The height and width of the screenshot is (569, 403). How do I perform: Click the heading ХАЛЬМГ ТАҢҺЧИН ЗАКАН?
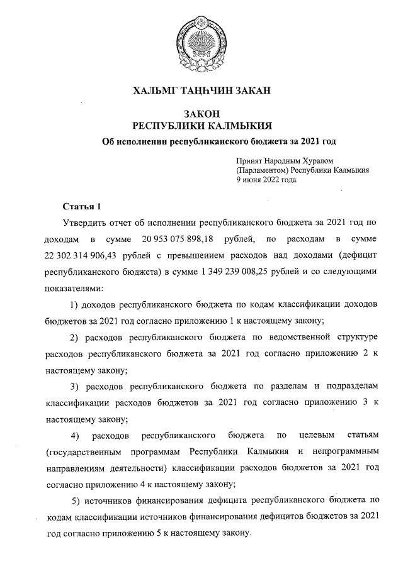(201, 91)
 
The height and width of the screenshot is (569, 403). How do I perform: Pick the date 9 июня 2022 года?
(266, 179)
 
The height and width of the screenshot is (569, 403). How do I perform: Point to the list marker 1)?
(73, 305)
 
